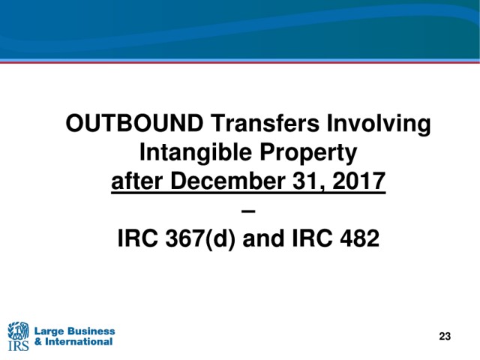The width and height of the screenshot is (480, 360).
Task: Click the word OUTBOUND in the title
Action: pyautogui.click(x=135, y=123)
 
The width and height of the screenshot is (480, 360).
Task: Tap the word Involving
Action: pyautogui.click(x=379, y=124)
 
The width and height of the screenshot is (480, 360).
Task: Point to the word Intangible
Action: pyautogui.click(x=196, y=152)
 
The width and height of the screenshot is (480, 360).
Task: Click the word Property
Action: pyautogui.click(x=308, y=152)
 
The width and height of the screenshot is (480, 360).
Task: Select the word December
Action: pyautogui.click(x=227, y=181)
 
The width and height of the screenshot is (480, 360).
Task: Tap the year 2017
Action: pyautogui.click(x=358, y=181)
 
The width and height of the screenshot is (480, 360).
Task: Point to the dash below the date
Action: pyautogui.click(x=248, y=211)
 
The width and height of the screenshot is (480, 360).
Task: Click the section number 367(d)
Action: pyautogui.click(x=200, y=238)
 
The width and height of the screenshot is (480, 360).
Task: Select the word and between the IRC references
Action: pyautogui.click(x=263, y=238)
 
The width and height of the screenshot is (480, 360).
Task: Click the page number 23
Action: pyautogui.click(x=445, y=336)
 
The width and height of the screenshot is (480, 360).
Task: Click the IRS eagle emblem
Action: pyautogui.click(x=18, y=330)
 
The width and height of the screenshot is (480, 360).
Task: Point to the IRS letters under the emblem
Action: pyautogui.click(x=18, y=345)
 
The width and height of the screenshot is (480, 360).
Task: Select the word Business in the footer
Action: pyautogui.click(x=91, y=331)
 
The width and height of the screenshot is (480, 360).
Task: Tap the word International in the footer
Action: pyautogui.click(x=79, y=342)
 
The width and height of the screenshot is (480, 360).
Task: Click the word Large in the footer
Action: pyautogui.click(x=49, y=331)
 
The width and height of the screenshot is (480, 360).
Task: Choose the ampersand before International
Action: pyautogui.click(x=38, y=342)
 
